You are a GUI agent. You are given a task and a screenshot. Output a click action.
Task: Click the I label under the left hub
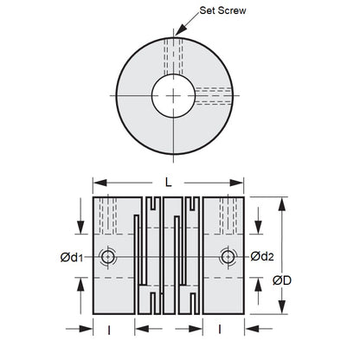click(x=107, y=329)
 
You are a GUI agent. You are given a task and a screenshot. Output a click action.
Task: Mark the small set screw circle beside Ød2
click(x=228, y=257)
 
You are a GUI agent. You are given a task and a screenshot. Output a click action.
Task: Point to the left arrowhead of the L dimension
click(x=96, y=183)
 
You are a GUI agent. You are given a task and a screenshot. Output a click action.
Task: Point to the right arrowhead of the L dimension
click(x=243, y=183)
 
